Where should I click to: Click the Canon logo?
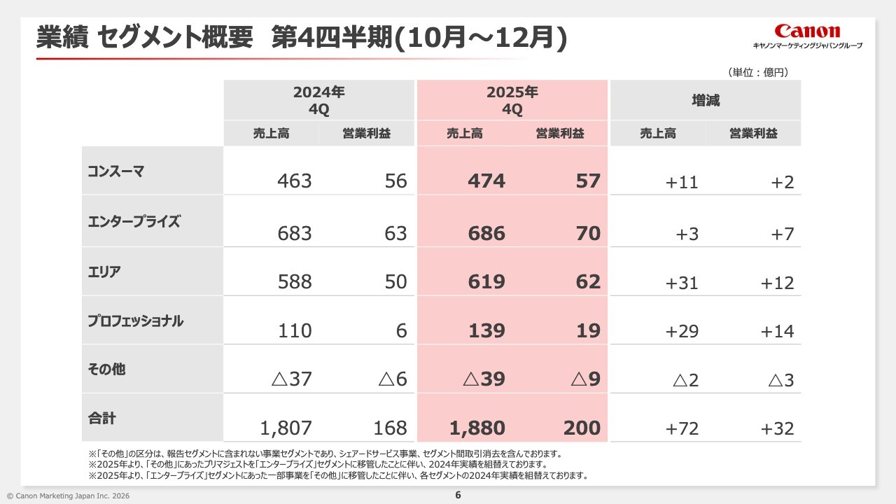coord(807,31)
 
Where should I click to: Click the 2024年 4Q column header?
coord(319,100)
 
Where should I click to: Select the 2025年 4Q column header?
coord(512,100)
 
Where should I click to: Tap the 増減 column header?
coord(706,100)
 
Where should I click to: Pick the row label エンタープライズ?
coord(134,222)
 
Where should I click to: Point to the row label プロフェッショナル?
coord(136,321)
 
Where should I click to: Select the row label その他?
coord(107,369)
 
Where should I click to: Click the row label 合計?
coord(102,419)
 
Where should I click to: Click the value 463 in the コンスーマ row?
coord(294,181)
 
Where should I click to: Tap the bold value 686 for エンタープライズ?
coord(486,233)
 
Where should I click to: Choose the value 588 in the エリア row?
coord(294,282)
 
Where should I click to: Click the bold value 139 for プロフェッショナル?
coord(486,331)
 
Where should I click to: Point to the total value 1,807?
coord(286,428)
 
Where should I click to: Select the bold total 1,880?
coord(478,428)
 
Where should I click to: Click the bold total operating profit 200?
coord(582,428)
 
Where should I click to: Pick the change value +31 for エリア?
coord(682,282)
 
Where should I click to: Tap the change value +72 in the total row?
coord(682,428)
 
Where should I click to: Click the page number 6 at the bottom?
coord(458,495)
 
